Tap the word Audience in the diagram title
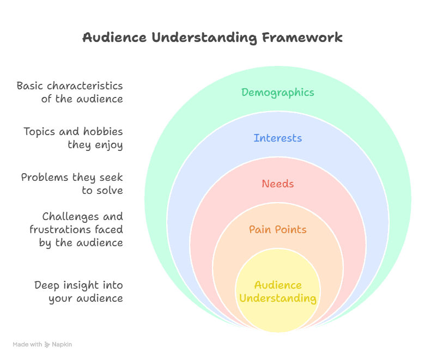(114, 38)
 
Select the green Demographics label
(278, 92)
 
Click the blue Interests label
(278, 138)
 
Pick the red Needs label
(278, 184)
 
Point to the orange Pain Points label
(278, 229)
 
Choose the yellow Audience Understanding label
(278, 291)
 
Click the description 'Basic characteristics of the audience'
(70, 93)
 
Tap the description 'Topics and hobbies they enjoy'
(73, 138)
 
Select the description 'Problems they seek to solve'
(72, 184)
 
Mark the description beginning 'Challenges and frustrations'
(76, 229)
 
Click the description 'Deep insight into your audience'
(78, 291)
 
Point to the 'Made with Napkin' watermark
(42, 344)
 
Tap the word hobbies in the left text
(102, 132)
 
